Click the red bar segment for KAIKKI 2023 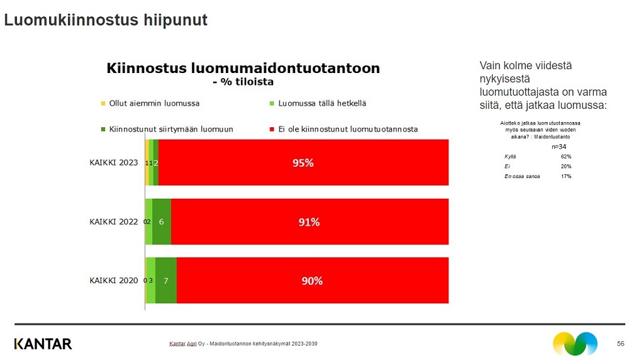coord(303,162)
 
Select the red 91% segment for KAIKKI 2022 coord(309,222)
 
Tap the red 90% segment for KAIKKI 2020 coord(312,281)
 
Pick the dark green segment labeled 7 coord(165,281)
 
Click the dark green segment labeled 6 coord(162,222)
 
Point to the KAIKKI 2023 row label coord(113,162)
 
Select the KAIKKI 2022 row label coord(113,222)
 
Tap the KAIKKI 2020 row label coord(113,281)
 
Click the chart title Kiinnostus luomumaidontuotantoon coord(243,68)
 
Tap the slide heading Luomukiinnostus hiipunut coord(106,20)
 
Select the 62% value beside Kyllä coord(565,156)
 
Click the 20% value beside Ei coord(565,166)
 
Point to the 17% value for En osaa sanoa coord(565,176)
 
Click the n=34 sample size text coord(559,147)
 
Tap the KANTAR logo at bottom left coord(43,344)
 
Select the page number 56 coord(620,344)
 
